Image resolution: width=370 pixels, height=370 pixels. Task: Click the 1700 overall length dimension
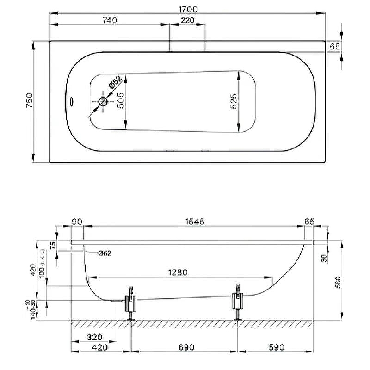(187, 9)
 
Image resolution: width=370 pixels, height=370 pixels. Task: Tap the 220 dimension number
(187, 20)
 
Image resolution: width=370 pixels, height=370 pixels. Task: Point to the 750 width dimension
(28, 101)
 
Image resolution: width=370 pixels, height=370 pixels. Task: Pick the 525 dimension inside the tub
(233, 101)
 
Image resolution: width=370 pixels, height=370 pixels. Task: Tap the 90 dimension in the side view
(77, 222)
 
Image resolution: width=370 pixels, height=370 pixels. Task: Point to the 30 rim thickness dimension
(324, 258)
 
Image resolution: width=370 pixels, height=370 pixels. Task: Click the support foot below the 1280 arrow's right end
(238, 302)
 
